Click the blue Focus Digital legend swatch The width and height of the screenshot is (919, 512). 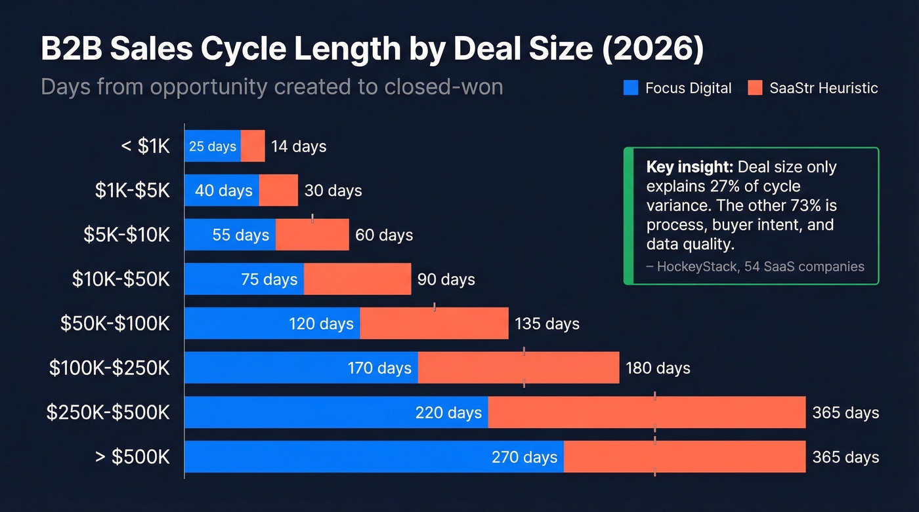pos(630,88)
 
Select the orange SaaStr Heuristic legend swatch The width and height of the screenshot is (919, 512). pos(755,88)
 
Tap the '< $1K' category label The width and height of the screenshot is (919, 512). pos(145,146)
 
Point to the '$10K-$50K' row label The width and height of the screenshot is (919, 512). pos(121,279)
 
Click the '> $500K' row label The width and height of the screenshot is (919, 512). pos(132,457)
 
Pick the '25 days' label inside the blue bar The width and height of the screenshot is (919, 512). pos(213,146)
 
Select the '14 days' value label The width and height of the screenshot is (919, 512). pos(299,146)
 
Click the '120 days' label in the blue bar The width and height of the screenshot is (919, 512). pos(321,323)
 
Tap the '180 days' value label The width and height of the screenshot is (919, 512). pos(658,368)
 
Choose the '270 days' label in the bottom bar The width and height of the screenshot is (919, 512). pos(524,457)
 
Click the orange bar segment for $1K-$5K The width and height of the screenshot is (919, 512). pos(278,190)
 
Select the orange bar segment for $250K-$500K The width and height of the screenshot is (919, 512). pos(647,412)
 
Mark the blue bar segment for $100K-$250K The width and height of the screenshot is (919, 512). pos(301,368)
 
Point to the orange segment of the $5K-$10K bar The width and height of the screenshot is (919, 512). pos(312,235)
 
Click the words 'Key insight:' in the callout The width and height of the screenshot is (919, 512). pos(690,167)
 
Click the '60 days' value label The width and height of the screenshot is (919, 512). pos(384,235)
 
